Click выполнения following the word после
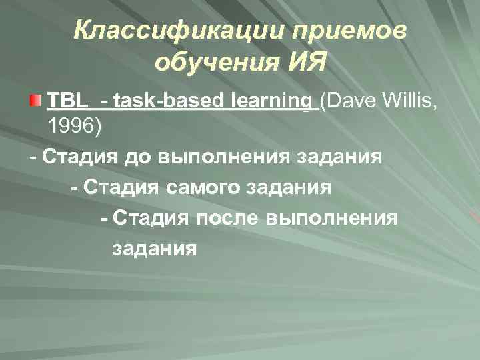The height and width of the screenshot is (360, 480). [x=331, y=217]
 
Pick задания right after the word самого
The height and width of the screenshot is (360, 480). [x=291, y=187]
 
